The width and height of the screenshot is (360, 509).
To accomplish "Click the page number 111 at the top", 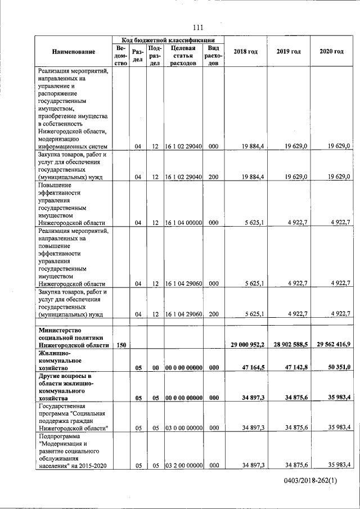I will (197, 28).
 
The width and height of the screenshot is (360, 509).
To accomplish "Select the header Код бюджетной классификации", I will (168, 40).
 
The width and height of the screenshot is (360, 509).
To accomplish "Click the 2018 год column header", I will (245, 52).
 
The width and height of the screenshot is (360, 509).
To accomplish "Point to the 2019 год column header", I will (289, 52).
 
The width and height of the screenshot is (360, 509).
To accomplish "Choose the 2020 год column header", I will (331, 52).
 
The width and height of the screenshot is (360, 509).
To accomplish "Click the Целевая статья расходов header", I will (183, 56).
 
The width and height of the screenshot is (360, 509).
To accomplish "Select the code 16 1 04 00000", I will (183, 223).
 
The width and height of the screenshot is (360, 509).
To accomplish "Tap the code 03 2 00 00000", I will (183, 465).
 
